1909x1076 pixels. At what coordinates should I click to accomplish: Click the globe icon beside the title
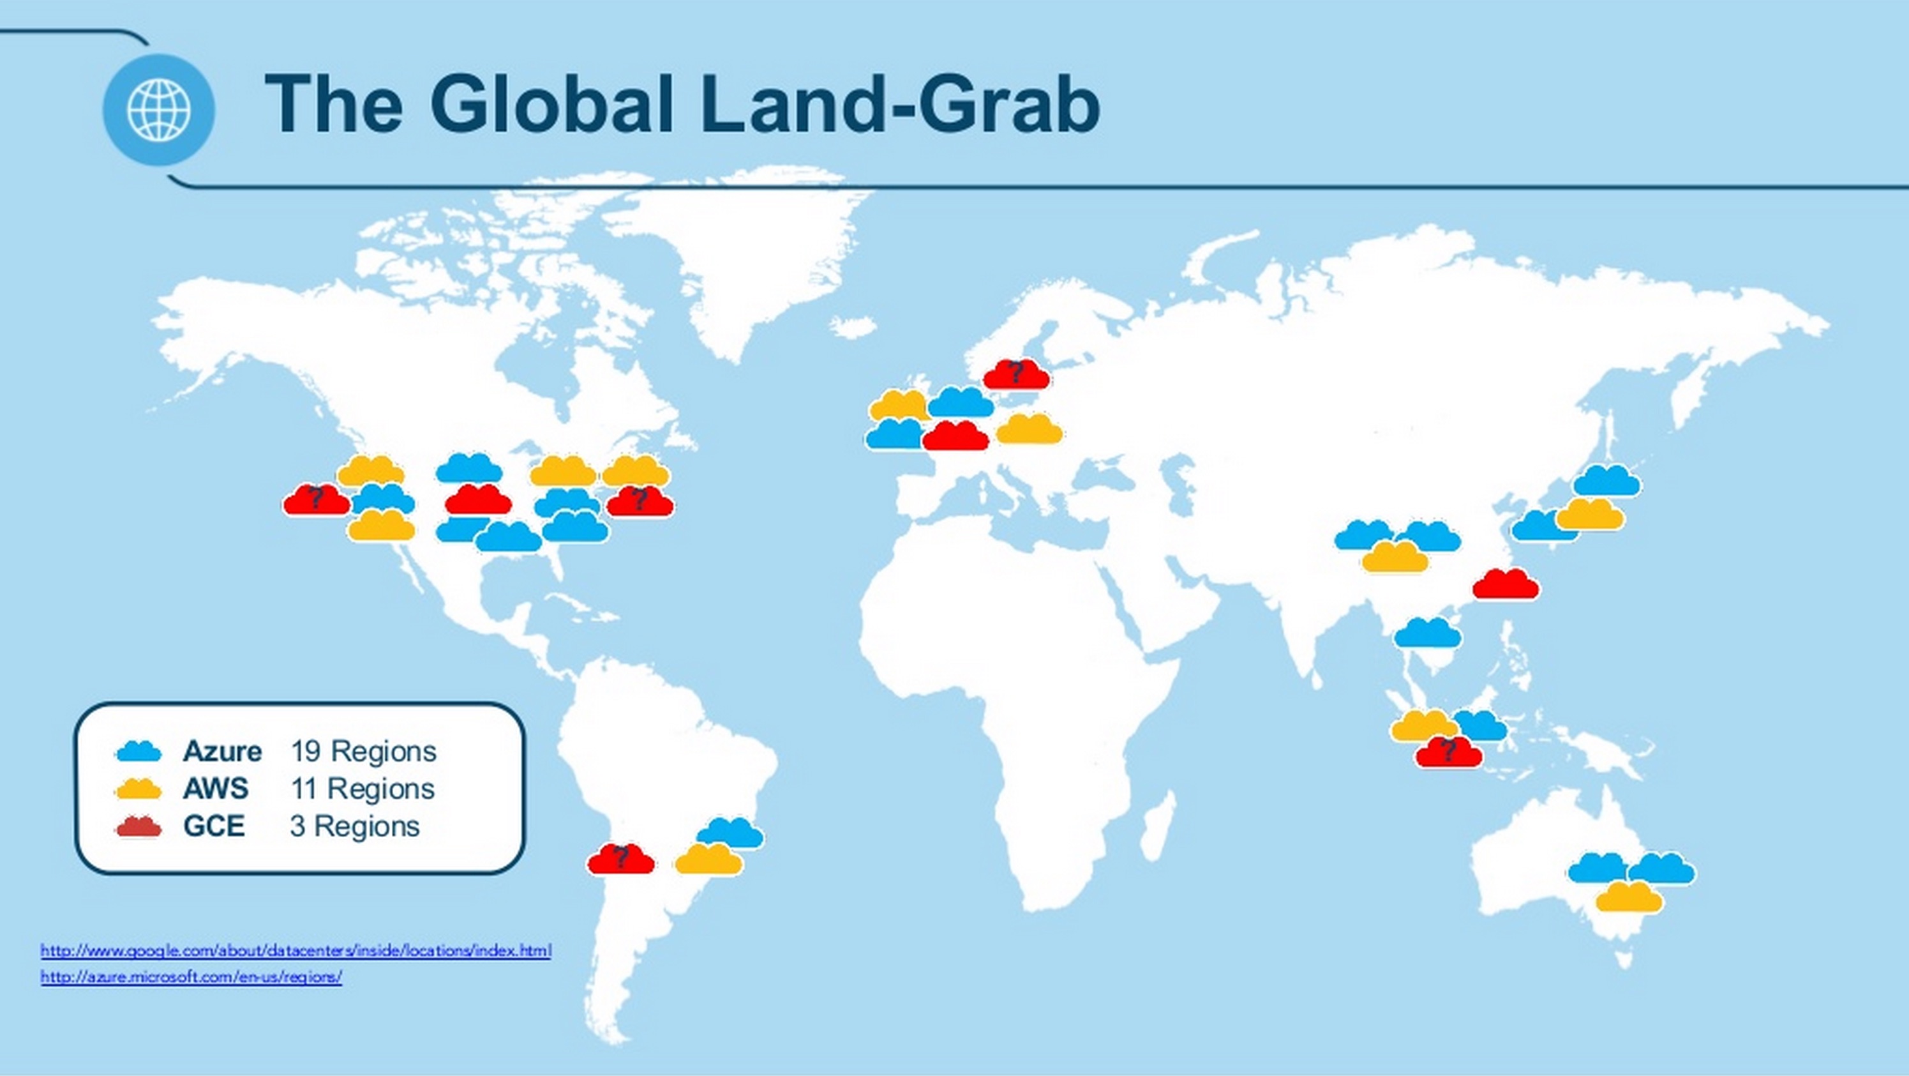click(x=158, y=110)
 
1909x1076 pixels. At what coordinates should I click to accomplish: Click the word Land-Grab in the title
click(x=901, y=105)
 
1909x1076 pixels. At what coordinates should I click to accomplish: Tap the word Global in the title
click(x=551, y=105)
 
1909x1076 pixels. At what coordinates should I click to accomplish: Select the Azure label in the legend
click(x=222, y=751)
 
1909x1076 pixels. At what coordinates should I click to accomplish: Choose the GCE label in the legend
click(x=214, y=826)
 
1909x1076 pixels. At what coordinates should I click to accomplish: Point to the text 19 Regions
click(x=363, y=751)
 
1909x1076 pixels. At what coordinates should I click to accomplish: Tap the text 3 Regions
click(x=355, y=826)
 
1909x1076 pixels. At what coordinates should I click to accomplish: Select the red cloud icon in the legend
click(x=138, y=826)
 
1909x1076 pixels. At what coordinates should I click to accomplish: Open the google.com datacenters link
click(x=296, y=951)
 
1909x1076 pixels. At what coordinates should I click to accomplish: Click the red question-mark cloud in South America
click(x=621, y=859)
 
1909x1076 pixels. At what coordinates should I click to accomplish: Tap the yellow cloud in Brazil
click(x=709, y=859)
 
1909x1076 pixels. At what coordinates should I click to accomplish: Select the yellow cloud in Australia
click(x=1629, y=897)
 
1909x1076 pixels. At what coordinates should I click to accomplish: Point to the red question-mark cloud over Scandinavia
click(x=1016, y=374)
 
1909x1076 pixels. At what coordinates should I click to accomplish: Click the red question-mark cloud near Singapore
click(x=1449, y=752)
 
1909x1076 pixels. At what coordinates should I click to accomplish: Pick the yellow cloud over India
click(x=1395, y=557)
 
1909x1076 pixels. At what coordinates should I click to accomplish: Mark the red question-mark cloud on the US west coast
click(x=317, y=500)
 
